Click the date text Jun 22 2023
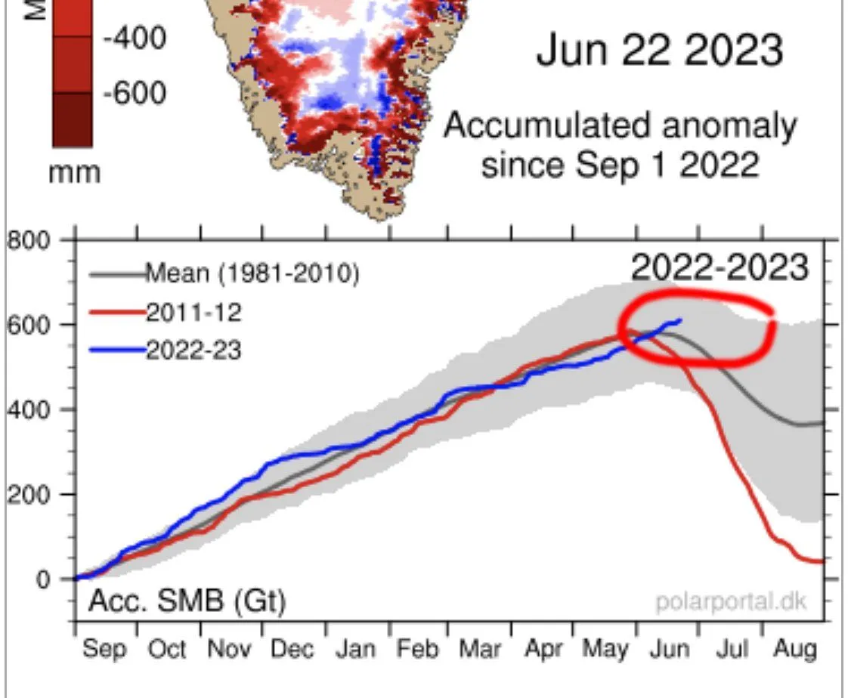click(659, 51)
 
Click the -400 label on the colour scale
click(134, 37)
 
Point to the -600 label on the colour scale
click(134, 93)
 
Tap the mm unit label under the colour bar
click(75, 172)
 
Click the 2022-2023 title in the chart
click(719, 267)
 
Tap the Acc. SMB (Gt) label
click(187, 601)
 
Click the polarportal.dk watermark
click(731, 602)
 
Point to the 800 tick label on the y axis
click(29, 241)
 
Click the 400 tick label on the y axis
click(29, 410)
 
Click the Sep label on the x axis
click(105, 649)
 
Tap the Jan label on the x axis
click(354, 649)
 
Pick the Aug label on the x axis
click(795, 649)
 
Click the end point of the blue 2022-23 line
click(681, 320)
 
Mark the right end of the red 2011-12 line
click(822, 561)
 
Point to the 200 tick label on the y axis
click(29, 495)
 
